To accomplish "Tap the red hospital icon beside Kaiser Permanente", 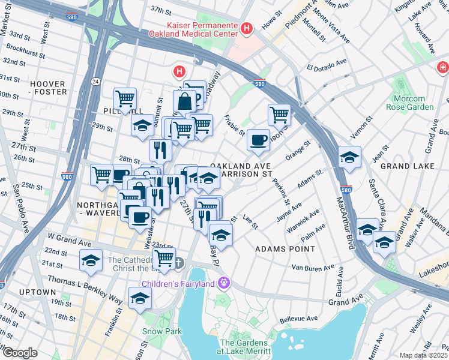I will (246, 28).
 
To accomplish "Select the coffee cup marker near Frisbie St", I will (258, 140).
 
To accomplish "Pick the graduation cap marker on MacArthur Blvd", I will (349, 158).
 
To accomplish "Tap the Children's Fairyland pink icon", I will (224, 281).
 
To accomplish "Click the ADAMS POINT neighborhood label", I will (285, 248).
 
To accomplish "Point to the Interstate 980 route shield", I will (68, 177).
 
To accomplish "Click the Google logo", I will (19, 352).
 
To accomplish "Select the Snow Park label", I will (157, 331).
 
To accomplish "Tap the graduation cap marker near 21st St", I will (91, 260).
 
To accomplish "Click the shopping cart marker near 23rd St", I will (164, 259).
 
